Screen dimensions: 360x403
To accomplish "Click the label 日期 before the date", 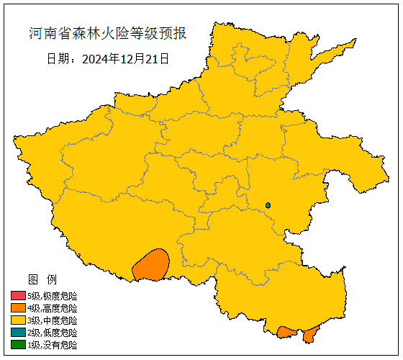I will tap(58, 58).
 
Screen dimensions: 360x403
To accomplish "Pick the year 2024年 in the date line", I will tap(98, 58).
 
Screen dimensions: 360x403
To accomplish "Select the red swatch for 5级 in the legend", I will tap(18, 296).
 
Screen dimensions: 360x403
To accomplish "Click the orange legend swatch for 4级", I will tap(18, 308).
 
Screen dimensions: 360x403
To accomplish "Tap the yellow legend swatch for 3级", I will tap(18, 320).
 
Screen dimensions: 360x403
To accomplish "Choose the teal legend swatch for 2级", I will tap(18, 333).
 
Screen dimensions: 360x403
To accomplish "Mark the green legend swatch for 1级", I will tap(18, 345).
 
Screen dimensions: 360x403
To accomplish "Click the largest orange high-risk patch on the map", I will tap(151, 265).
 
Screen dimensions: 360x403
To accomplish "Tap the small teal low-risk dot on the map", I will tap(268, 205).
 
